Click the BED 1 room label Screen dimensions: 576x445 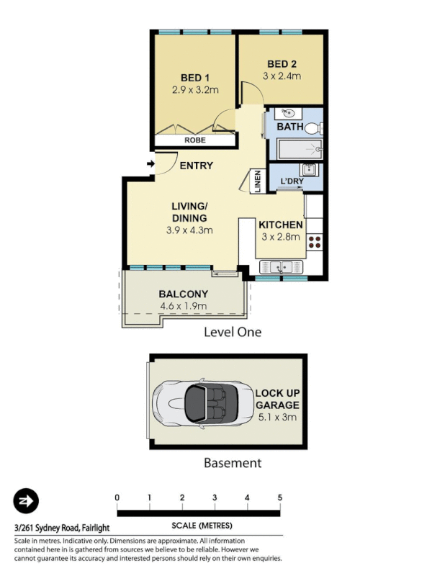click(194, 78)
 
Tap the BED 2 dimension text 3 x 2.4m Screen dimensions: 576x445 click(281, 76)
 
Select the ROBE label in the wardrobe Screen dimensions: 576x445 click(194, 140)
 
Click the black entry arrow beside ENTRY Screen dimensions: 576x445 click(150, 165)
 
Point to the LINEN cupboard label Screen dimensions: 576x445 click(257, 181)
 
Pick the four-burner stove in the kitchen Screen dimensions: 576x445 click(315, 242)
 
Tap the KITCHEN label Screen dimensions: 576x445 click(280, 225)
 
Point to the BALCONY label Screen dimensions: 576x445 click(183, 294)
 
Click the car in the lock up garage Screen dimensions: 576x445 click(197, 402)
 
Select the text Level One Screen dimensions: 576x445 click(232, 332)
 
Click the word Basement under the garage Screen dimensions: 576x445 click(232, 463)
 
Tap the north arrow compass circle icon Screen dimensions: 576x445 click(26, 500)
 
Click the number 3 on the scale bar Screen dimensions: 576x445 click(215, 498)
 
